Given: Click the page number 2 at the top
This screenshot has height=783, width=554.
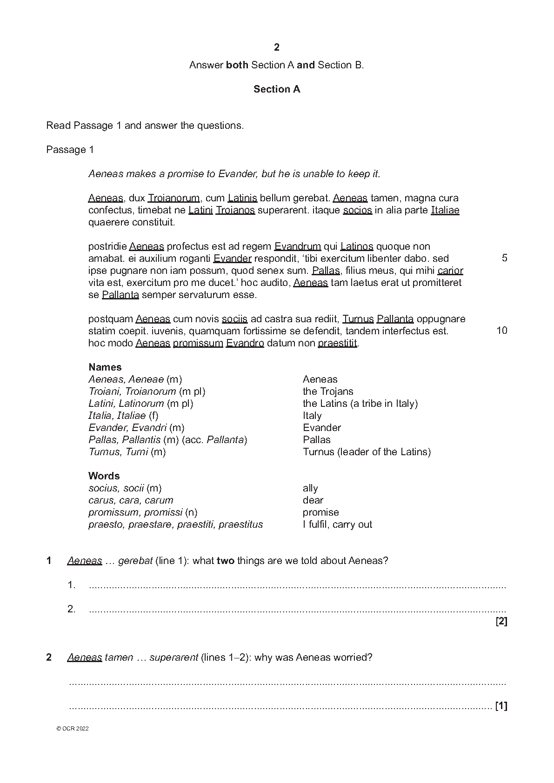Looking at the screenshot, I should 277,47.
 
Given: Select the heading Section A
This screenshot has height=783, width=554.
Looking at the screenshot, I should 277,89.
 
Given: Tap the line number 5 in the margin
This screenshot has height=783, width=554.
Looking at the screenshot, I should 504,259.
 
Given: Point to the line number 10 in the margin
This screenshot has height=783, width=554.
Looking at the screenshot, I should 502,331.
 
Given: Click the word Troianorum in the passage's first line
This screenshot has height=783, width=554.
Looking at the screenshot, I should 174,198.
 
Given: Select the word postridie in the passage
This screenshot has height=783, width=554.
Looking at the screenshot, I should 107,246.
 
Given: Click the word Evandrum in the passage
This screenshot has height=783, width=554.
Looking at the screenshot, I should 298,246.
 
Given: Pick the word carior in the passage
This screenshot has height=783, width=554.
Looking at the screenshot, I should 450,271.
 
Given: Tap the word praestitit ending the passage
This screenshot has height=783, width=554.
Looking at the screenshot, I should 338,343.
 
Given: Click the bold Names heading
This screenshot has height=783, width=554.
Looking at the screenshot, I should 105,367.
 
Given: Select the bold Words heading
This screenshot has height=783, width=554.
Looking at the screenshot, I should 104,476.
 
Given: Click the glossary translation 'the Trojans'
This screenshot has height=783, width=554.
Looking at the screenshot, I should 328,391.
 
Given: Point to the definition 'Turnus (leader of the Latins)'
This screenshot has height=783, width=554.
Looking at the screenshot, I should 367,452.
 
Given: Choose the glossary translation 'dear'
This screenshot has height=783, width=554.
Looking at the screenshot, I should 313,500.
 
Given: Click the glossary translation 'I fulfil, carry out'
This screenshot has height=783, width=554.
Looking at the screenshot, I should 337,524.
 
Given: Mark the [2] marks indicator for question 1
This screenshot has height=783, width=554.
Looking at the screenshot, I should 501,621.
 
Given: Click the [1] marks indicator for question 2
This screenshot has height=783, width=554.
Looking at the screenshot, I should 501,706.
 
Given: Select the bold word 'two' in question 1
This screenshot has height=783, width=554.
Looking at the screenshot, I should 226,561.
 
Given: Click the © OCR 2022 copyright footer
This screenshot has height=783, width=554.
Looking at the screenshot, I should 72,729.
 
